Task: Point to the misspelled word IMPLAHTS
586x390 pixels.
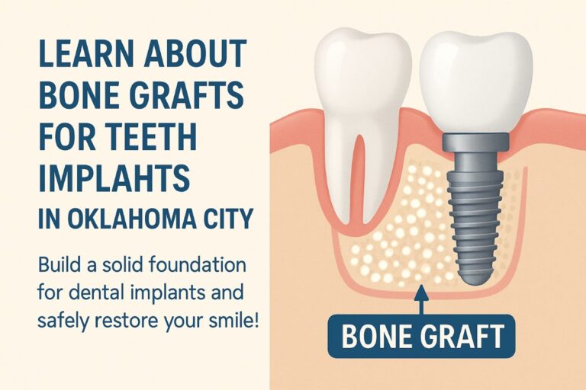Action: click(114, 178)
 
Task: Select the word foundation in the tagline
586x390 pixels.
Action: click(198, 265)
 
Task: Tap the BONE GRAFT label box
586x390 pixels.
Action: click(421, 337)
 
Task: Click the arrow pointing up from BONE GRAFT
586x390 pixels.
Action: click(421, 300)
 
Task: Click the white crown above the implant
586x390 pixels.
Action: click(476, 82)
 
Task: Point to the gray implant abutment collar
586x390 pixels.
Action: click(476, 142)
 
